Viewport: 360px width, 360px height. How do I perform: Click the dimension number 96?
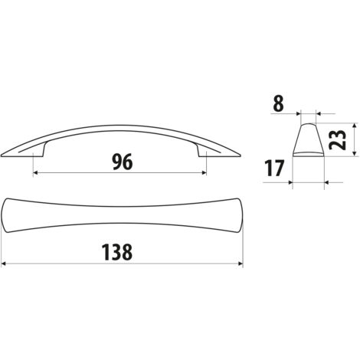[x=123, y=162]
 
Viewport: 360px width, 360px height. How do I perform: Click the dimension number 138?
[x=117, y=252]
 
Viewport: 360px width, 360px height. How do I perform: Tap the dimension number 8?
[x=279, y=103]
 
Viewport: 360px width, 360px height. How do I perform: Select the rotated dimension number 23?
[x=338, y=139]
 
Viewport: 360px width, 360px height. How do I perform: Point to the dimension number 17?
[x=274, y=168]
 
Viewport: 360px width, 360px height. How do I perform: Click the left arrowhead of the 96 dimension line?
[x=36, y=173]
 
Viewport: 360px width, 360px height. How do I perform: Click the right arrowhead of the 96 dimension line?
[x=204, y=173]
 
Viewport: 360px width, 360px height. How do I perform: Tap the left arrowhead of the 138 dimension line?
[x=4, y=263]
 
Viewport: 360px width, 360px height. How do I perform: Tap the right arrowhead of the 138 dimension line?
[x=241, y=263]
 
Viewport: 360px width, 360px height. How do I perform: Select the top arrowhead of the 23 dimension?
[x=354, y=126]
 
